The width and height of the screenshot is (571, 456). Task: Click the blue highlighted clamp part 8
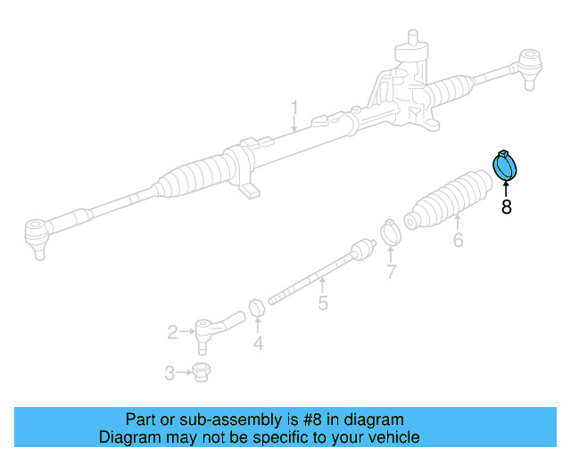(x=506, y=166)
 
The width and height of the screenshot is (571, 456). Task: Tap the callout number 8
(x=506, y=208)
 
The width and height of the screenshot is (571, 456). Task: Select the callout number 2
(x=172, y=332)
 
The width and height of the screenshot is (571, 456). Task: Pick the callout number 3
(x=170, y=373)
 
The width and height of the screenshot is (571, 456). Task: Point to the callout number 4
(x=258, y=343)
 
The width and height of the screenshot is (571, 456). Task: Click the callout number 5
(x=323, y=304)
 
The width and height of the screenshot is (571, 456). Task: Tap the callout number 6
(x=458, y=240)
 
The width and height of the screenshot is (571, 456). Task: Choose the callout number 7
(x=390, y=272)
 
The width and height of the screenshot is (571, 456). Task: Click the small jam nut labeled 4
(x=255, y=308)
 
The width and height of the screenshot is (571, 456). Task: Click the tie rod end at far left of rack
(x=35, y=236)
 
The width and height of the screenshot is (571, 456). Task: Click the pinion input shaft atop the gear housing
(x=413, y=40)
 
